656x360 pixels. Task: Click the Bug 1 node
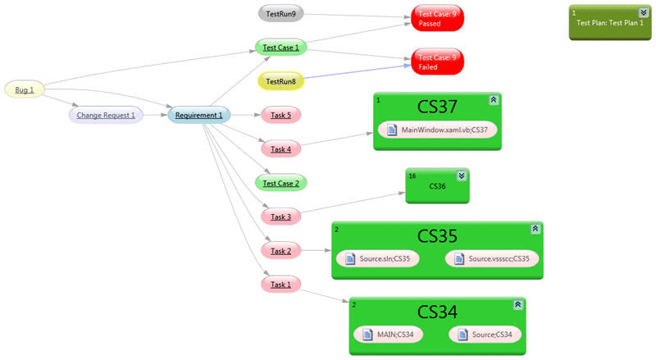click(x=25, y=89)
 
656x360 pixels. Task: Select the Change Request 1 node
click(x=106, y=115)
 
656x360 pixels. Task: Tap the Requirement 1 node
click(x=198, y=115)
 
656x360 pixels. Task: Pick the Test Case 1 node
click(x=280, y=48)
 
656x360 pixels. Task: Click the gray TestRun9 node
click(x=280, y=14)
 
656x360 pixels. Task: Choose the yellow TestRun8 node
click(x=280, y=81)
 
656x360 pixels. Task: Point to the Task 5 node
click(x=280, y=115)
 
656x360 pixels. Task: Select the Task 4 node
click(x=280, y=149)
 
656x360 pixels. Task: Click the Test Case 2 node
click(x=280, y=183)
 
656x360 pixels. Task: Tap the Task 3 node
click(x=280, y=216)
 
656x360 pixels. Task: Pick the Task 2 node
click(x=280, y=251)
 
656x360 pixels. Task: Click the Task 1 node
click(x=280, y=285)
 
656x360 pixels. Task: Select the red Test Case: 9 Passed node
click(x=437, y=18)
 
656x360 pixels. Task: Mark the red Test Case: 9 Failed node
click(x=437, y=62)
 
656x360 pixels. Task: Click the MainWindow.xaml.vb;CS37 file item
click(x=437, y=130)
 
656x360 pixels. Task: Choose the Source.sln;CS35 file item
click(x=377, y=258)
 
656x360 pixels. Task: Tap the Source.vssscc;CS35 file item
click(x=492, y=258)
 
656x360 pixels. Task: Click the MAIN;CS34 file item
click(x=388, y=335)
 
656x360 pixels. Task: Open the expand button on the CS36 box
click(x=462, y=175)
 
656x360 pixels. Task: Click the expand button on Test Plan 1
click(x=644, y=12)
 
